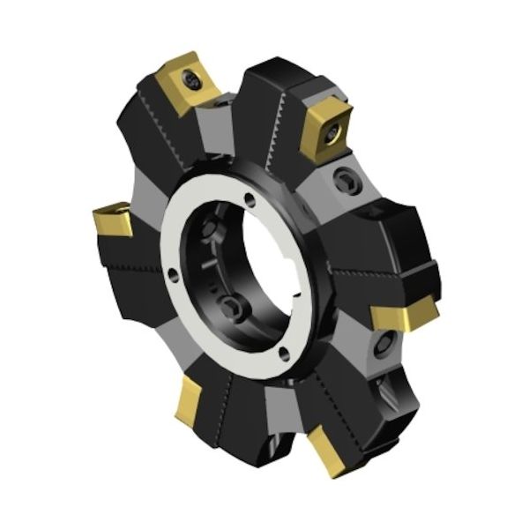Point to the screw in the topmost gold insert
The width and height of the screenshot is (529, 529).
192,82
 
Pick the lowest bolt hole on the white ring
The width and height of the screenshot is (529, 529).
283,357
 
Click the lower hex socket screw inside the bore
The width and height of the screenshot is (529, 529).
232,306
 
